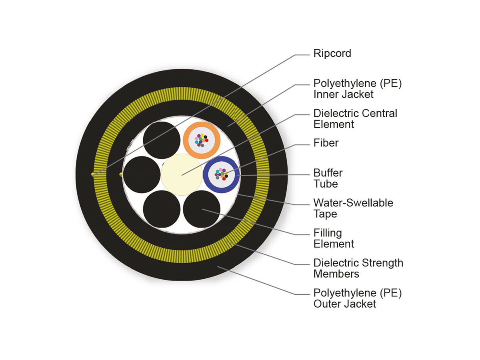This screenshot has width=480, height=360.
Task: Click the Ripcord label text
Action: click(332, 54)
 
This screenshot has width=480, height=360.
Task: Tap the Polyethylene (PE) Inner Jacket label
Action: click(357, 89)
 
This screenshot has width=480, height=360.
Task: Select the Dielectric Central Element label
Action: click(355, 119)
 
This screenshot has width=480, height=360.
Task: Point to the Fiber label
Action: click(326, 143)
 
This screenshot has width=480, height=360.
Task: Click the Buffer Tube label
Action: click(328, 178)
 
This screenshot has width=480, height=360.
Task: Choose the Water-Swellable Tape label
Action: click(353, 208)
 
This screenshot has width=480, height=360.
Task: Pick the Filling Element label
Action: click(334, 238)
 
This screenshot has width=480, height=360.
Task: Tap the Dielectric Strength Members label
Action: click(358, 268)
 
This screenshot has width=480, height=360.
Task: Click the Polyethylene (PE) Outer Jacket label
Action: click(357, 298)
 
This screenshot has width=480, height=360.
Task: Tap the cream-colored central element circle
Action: click(181, 175)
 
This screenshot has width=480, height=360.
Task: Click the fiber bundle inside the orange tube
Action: click(201, 140)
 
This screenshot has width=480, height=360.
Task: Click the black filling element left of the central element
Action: click(142, 175)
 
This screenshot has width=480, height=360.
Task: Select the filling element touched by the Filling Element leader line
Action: click(202, 209)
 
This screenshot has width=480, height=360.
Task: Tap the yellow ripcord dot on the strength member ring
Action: click(93, 174)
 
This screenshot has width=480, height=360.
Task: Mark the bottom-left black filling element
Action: click(162, 209)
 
